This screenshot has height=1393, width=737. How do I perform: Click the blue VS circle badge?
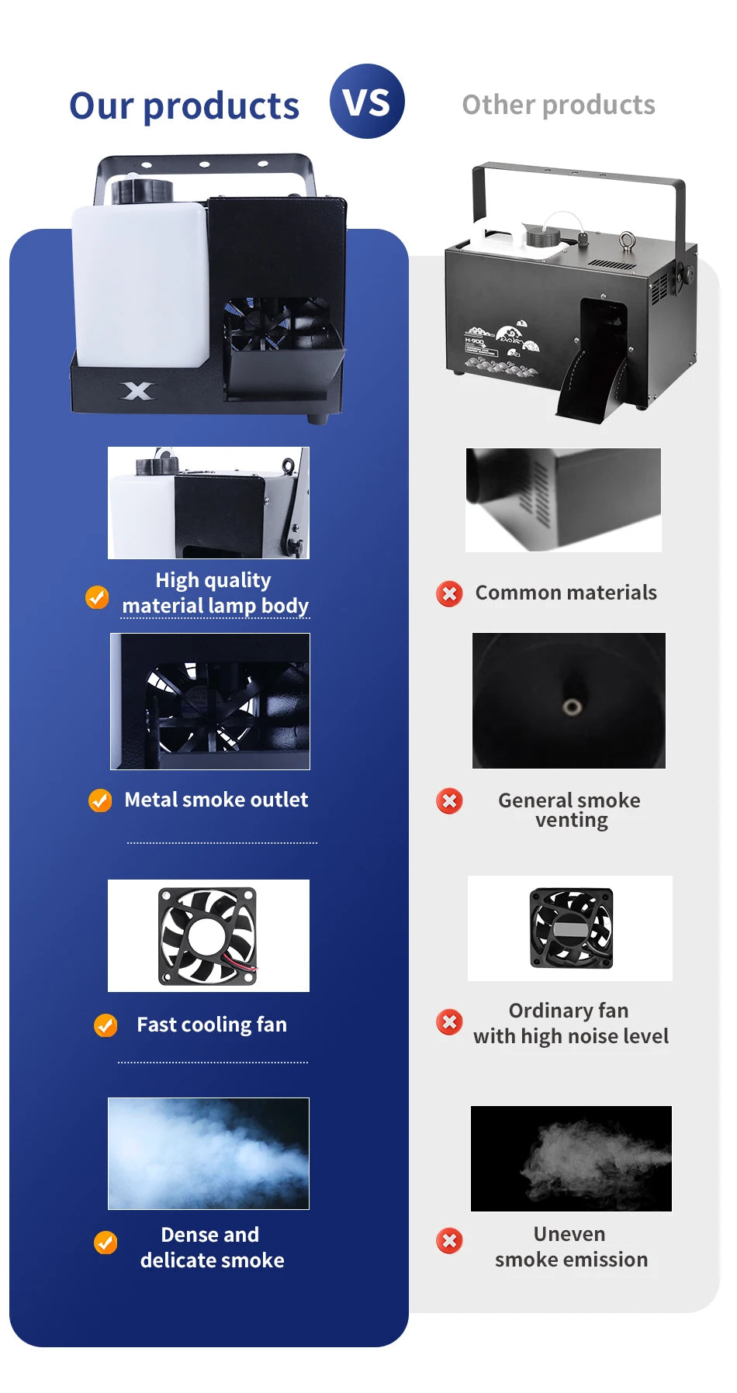pyautogui.click(x=367, y=102)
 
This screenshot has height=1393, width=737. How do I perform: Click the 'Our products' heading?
pyautogui.click(x=184, y=105)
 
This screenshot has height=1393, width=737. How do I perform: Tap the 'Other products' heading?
pyautogui.click(x=559, y=105)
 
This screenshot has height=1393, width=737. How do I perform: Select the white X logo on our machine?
pyautogui.click(x=137, y=391)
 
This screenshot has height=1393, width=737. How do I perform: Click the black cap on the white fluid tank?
pyautogui.click(x=142, y=190)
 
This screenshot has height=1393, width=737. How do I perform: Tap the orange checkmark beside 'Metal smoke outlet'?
pyautogui.click(x=100, y=800)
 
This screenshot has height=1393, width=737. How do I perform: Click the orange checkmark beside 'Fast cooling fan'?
pyautogui.click(x=106, y=1025)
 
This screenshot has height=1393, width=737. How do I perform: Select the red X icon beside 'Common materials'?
pyautogui.click(x=449, y=593)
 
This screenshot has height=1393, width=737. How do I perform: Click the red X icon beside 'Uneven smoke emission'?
pyautogui.click(x=449, y=1240)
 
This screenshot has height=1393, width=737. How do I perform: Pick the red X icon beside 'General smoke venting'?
pyautogui.click(x=449, y=800)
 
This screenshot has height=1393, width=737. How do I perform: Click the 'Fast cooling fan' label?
pyautogui.click(x=212, y=1025)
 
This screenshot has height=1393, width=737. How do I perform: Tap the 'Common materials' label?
pyautogui.click(x=566, y=593)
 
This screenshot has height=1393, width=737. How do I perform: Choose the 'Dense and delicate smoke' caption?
pyautogui.click(x=212, y=1247)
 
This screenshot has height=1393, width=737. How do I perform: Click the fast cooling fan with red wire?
pyautogui.click(x=207, y=936)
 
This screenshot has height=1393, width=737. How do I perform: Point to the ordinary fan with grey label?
pyautogui.click(x=571, y=928)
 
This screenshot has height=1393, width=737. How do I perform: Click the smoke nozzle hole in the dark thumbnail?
pyautogui.click(x=573, y=707)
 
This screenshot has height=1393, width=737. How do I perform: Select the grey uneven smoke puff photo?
pyautogui.click(x=571, y=1159)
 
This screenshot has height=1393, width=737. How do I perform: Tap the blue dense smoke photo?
pyautogui.click(x=209, y=1153)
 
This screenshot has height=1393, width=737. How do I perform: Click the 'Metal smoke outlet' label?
pyautogui.click(x=216, y=800)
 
